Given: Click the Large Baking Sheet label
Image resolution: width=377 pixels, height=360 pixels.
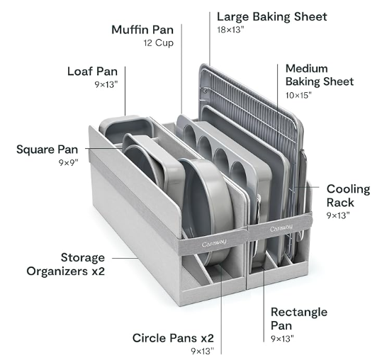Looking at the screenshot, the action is [271, 17].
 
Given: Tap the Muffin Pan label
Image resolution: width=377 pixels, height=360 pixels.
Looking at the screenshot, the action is [142, 30].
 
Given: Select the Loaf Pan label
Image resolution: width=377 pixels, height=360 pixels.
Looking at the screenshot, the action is [92, 72].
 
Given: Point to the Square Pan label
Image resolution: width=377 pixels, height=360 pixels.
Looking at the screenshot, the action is [47, 150].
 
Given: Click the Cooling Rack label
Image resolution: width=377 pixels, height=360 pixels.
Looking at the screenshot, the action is [348, 196].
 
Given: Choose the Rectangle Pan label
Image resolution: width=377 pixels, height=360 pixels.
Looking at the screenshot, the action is [299, 319].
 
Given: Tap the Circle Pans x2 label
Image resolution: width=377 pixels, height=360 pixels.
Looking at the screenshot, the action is [173, 338].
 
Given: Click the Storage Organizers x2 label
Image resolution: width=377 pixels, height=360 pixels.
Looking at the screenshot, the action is [66, 264].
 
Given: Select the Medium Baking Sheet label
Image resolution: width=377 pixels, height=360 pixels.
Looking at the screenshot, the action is [320, 75].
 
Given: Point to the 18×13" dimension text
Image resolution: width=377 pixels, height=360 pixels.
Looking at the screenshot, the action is [230, 30].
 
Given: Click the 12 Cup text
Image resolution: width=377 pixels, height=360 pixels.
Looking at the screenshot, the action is [159, 43].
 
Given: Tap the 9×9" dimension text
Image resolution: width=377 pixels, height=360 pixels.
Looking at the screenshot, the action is [69, 163].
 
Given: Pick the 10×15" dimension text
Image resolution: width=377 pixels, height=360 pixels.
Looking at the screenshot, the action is [298, 95].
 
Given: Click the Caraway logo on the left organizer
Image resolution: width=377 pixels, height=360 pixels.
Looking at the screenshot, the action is [214, 243].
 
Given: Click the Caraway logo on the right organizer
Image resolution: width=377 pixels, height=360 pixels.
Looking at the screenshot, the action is [281, 227].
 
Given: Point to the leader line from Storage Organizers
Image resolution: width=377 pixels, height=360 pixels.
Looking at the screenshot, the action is [125, 258].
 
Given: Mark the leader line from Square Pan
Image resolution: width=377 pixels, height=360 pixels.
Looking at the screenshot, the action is [104, 148].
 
